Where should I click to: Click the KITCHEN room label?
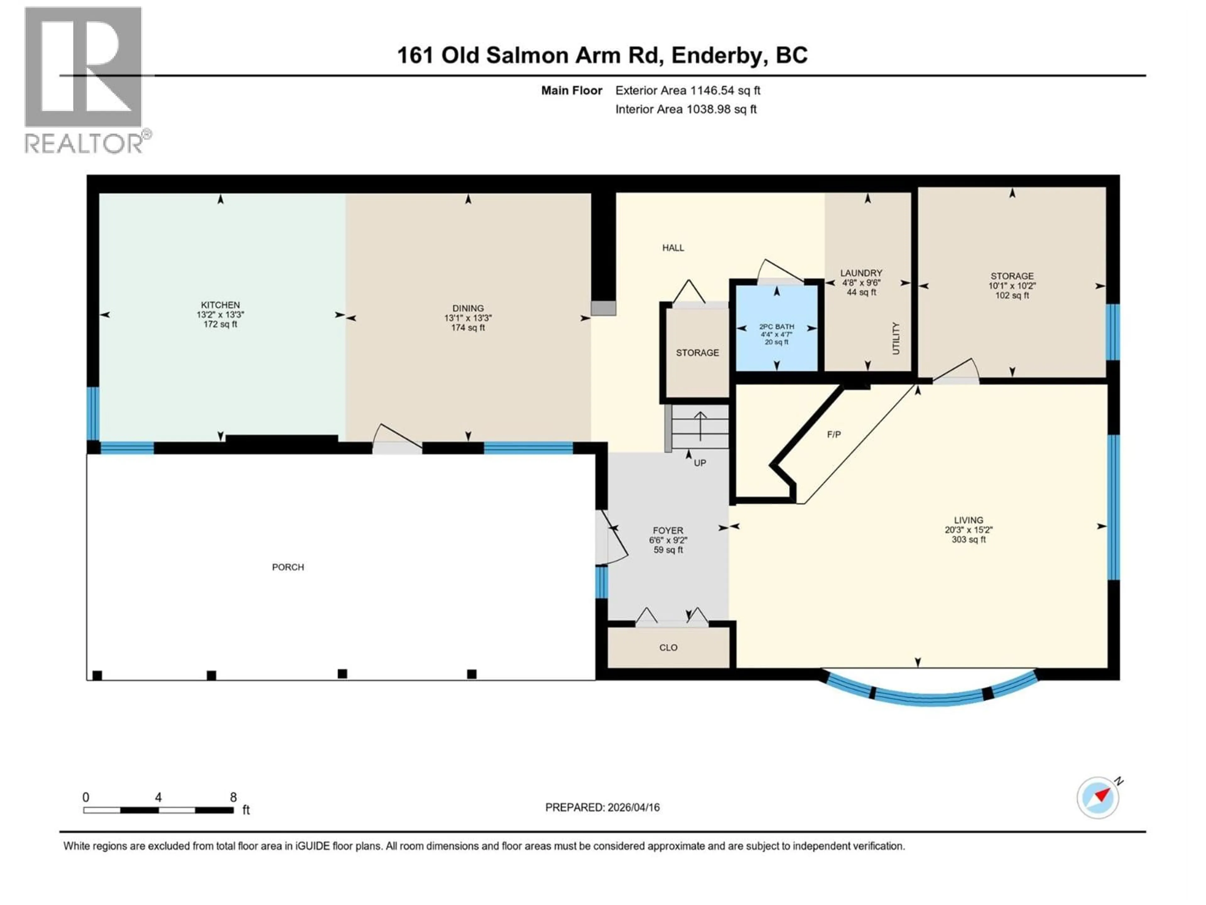(x=220, y=305)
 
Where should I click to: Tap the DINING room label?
(x=468, y=308)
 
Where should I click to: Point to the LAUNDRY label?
(x=861, y=273)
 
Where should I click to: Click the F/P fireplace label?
(x=834, y=434)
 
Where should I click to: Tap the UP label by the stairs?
(x=699, y=463)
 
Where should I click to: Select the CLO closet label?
(x=668, y=648)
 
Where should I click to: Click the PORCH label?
(x=288, y=567)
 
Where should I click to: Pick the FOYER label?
(x=668, y=530)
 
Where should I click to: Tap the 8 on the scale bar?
(x=233, y=797)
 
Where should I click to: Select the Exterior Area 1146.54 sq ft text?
(x=687, y=90)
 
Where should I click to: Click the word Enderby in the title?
(x=716, y=55)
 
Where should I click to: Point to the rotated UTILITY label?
(x=895, y=338)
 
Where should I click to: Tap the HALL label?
(x=673, y=248)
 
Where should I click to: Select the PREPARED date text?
(x=602, y=807)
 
